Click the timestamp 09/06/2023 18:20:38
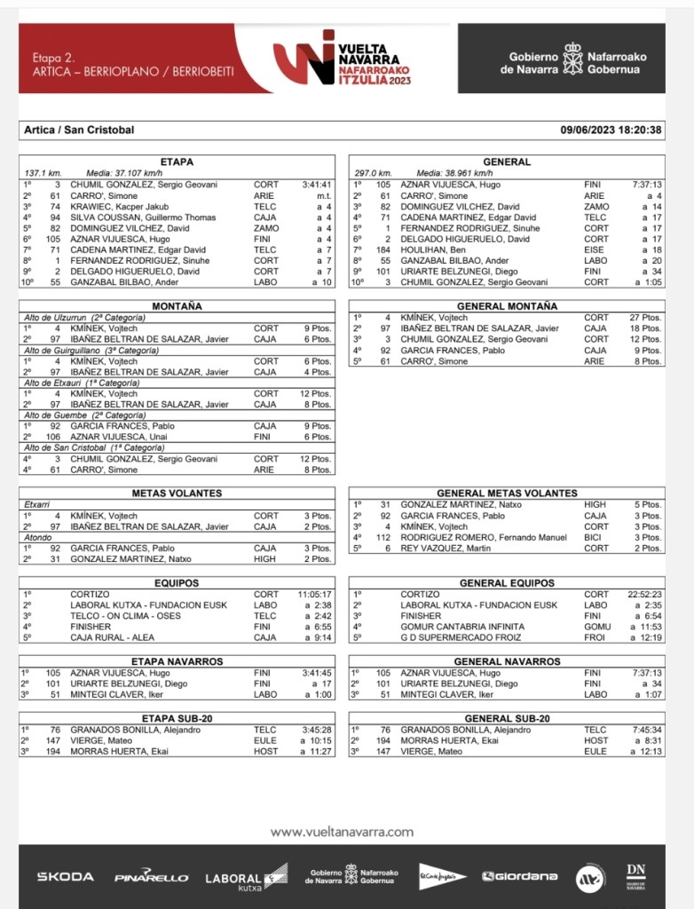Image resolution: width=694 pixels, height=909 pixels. [x=611, y=130]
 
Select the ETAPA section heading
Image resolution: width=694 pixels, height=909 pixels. [x=177, y=162]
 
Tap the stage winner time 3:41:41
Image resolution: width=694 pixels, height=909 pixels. [x=316, y=185]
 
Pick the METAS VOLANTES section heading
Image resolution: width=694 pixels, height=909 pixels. [x=177, y=493]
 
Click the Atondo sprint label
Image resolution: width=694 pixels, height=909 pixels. [x=37, y=537]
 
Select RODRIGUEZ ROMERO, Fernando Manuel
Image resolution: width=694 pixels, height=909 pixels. [x=484, y=537]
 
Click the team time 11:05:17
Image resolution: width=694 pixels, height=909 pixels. [x=315, y=594]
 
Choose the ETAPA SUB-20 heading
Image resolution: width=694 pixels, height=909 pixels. [x=177, y=718]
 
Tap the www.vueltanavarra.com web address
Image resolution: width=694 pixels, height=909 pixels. [x=342, y=832]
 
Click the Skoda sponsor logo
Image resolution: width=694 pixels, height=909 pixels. [x=65, y=876]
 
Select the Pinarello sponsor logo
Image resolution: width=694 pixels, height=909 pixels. [x=151, y=877]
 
